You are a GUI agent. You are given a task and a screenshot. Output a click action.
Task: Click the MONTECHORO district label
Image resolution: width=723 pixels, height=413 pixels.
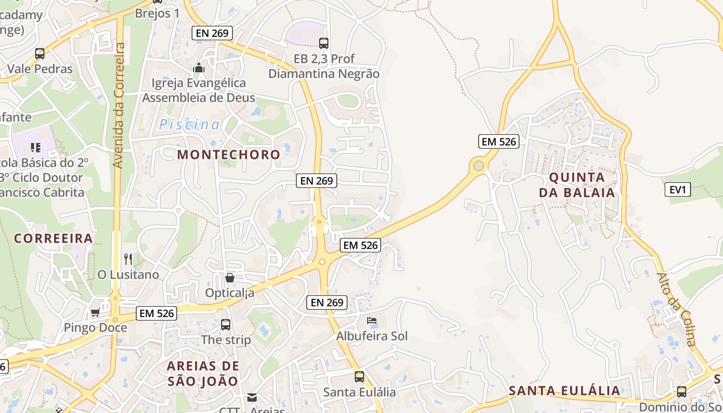click(229, 154)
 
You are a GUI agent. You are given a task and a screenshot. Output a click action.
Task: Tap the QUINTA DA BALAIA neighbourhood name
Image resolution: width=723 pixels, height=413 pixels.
click(577, 185)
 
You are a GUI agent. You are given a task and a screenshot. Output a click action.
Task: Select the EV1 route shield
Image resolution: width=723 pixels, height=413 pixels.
click(678, 189)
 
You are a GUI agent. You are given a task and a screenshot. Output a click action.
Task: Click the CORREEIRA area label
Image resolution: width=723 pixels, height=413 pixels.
click(53, 239)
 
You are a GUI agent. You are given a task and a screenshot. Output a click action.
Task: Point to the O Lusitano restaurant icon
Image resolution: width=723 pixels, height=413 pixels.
click(128, 259)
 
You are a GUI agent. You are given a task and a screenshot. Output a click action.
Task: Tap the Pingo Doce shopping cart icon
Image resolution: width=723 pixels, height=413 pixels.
click(95, 312)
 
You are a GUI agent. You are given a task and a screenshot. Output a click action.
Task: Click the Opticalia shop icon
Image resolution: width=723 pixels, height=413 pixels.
click(230, 278)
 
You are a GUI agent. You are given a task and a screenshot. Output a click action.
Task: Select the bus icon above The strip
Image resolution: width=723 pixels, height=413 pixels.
click(226, 325)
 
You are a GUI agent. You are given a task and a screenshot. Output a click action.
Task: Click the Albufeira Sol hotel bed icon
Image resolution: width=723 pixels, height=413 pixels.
click(372, 321)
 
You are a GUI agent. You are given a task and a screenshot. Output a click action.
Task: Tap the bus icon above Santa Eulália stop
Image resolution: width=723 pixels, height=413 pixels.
click(359, 377)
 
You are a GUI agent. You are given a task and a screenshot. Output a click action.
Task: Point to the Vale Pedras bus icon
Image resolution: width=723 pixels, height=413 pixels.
click(40, 53)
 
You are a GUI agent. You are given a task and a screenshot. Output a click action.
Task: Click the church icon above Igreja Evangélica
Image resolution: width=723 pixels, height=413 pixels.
click(199, 68)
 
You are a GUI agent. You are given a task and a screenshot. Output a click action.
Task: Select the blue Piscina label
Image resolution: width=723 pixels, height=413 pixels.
click(189, 124)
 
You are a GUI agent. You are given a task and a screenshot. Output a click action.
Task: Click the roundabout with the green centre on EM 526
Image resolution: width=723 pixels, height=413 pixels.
click(479, 166)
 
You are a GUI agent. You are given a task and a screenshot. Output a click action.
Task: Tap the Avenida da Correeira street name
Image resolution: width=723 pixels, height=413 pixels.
click(118, 105)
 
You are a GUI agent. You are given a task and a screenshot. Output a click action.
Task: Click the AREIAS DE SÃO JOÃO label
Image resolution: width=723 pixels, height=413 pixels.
click(203, 374)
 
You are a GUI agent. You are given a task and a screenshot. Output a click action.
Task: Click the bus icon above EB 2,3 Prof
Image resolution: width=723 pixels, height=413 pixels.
click(324, 43)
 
